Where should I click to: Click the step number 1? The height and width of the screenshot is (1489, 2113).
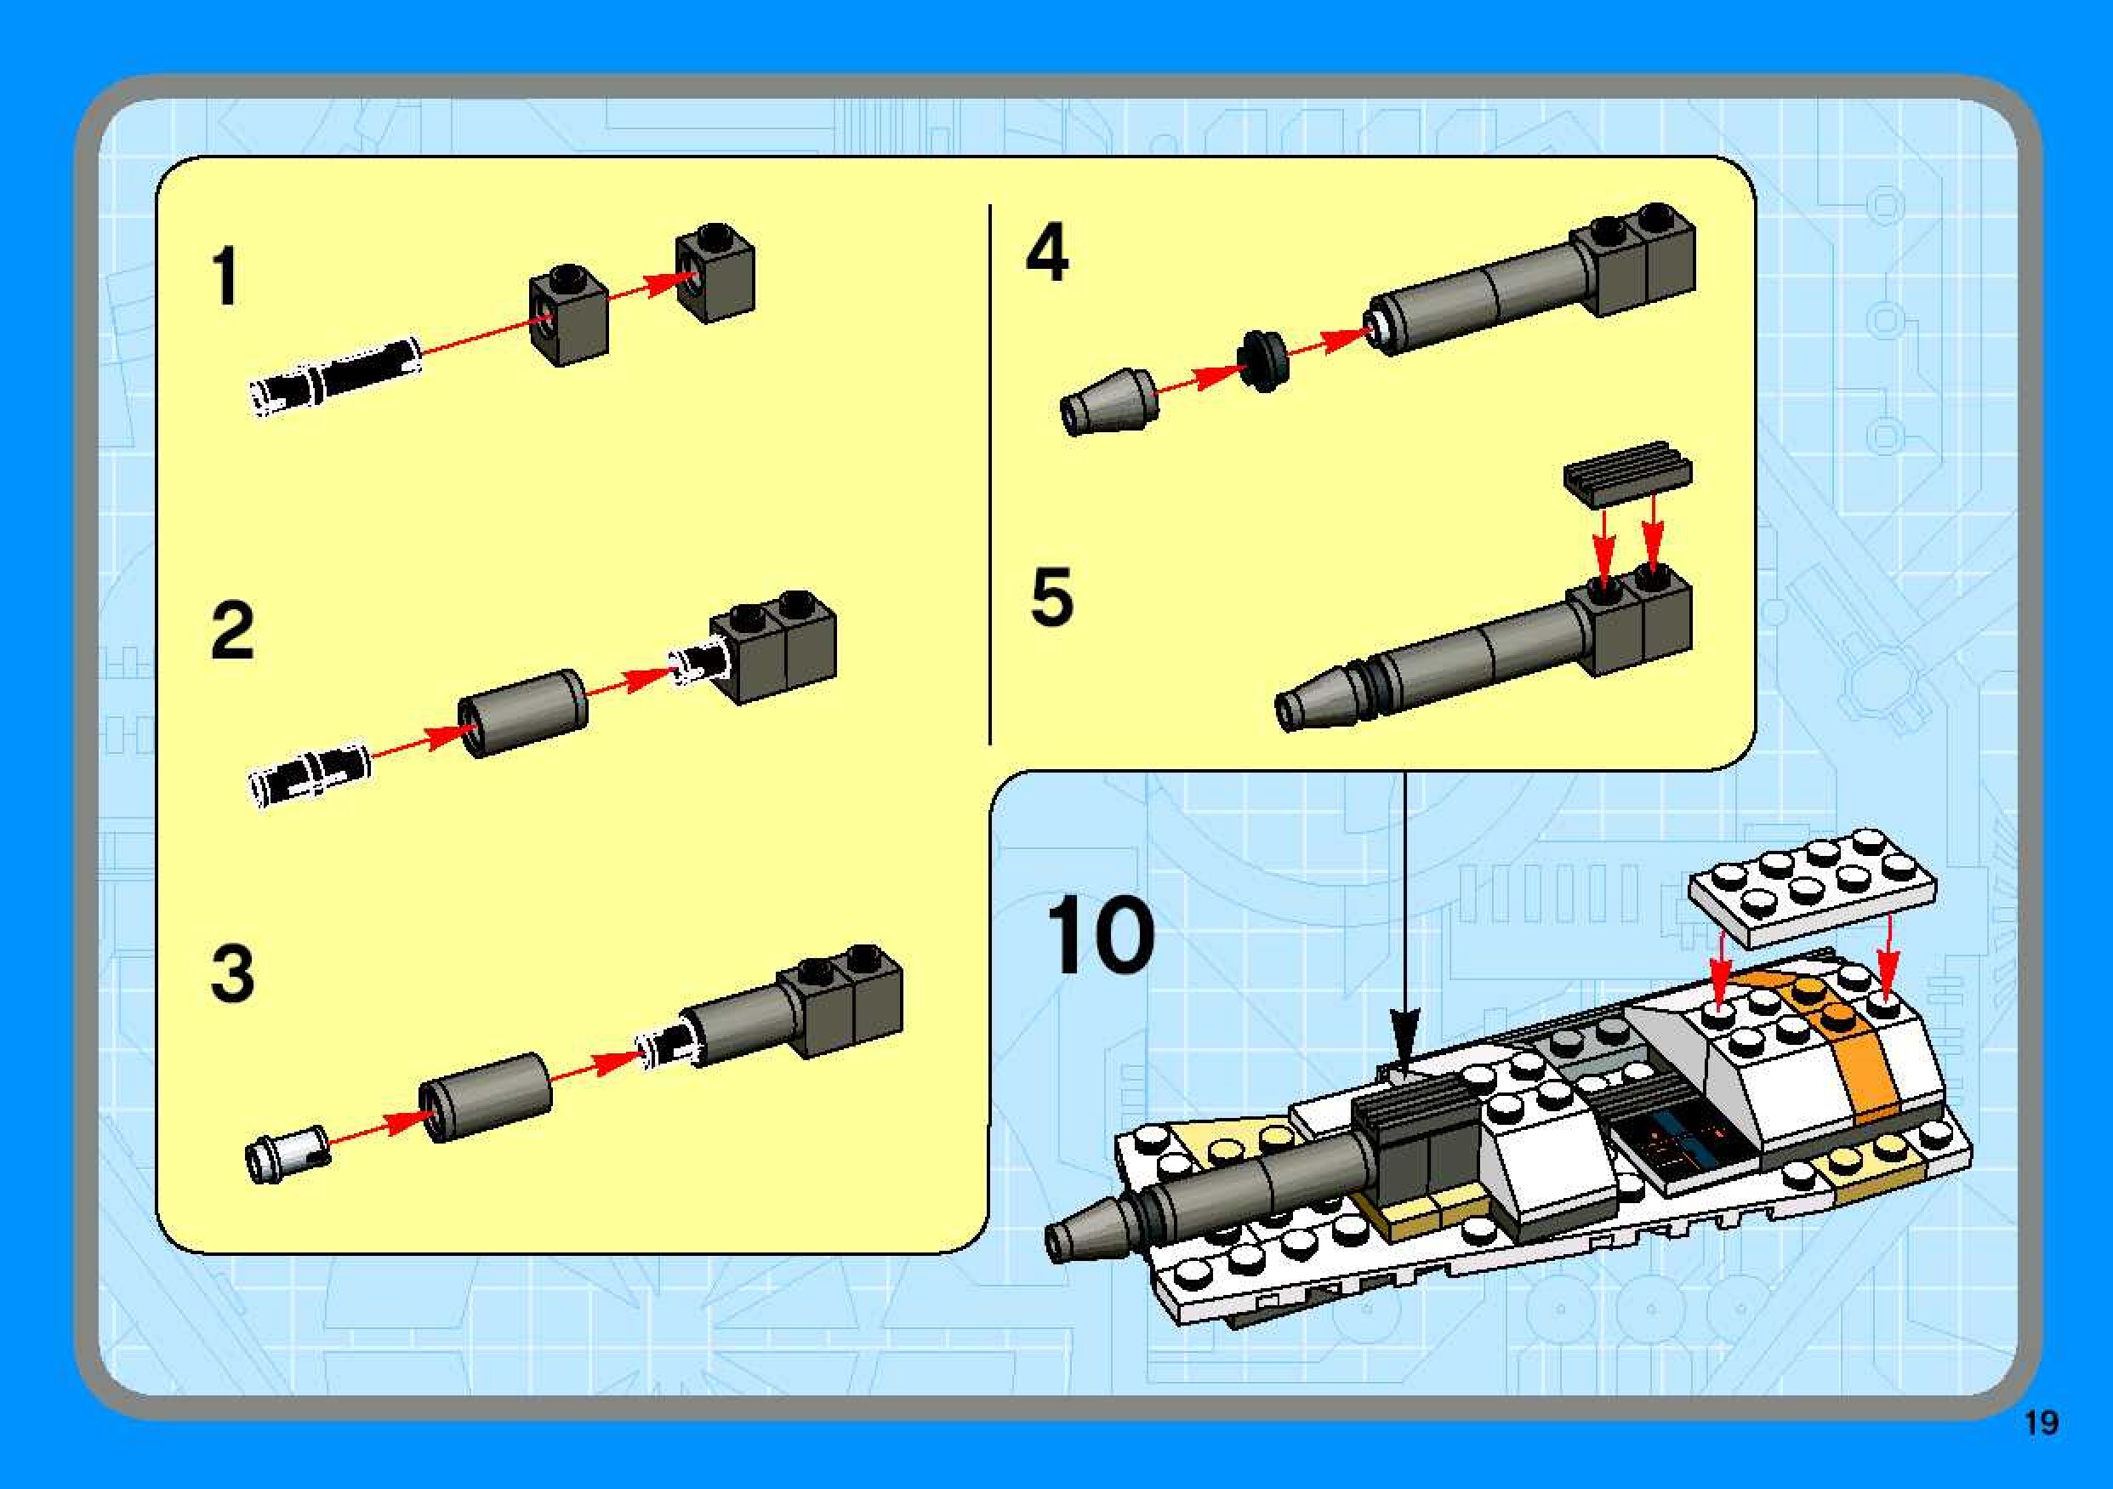click(225, 276)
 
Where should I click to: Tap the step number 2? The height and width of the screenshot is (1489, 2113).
click(232, 630)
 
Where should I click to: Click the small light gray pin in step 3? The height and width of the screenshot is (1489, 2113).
click(288, 1152)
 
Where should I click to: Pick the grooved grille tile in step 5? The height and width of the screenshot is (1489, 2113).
click(1627, 473)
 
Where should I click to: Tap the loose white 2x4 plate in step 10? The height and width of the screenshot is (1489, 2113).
click(1812, 887)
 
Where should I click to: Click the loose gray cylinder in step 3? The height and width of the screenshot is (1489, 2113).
click(486, 1097)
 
